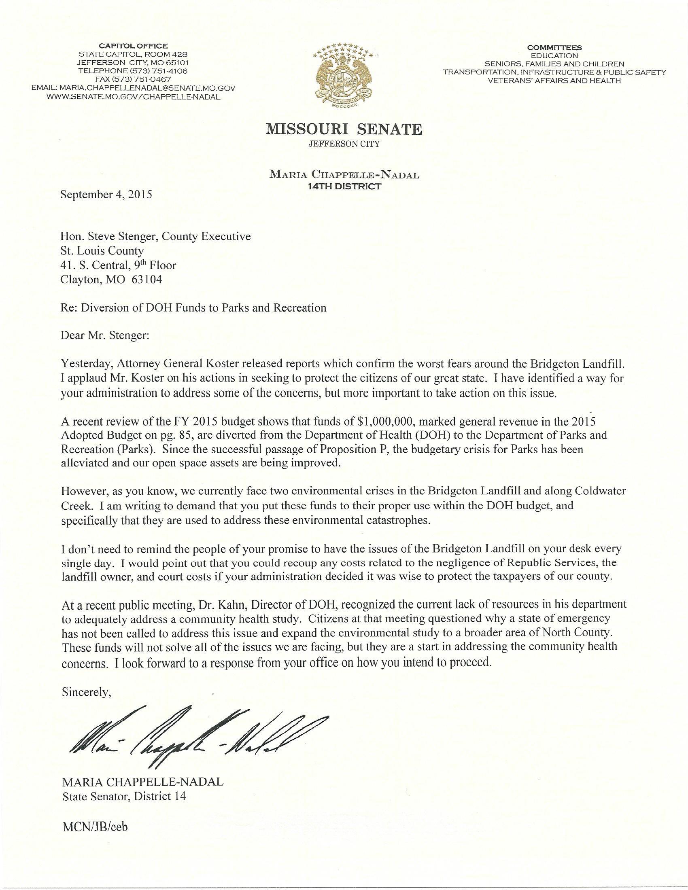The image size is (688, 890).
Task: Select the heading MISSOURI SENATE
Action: (344, 129)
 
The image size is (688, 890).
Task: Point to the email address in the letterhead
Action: (134, 88)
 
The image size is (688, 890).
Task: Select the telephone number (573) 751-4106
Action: (133, 71)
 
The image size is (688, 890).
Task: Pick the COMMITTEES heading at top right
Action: (554, 47)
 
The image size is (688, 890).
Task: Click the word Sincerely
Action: (86, 691)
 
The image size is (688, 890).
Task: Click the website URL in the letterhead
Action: (134, 97)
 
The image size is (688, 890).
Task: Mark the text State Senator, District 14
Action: (124, 795)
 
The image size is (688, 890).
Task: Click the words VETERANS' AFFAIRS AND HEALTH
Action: (554, 81)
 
